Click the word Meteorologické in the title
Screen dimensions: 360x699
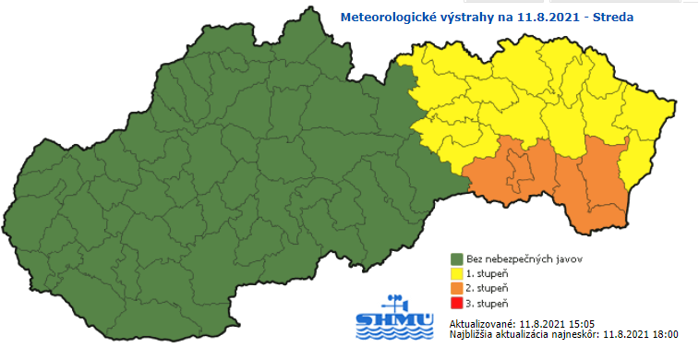[386, 17]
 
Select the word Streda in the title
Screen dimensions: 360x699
[623, 17]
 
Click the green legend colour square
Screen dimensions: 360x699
[456, 258]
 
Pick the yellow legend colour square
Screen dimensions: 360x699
[456, 273]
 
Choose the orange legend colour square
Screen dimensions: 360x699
[456, 288]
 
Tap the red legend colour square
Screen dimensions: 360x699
[456, 303]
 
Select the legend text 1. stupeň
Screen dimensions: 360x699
[488, 273]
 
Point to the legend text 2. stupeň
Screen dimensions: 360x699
[488, 288]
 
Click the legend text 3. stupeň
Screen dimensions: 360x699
[488, 303]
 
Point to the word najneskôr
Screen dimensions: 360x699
[574, 336]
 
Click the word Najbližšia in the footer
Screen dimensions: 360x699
[472, 336]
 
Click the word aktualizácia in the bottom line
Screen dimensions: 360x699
[523, 336]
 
